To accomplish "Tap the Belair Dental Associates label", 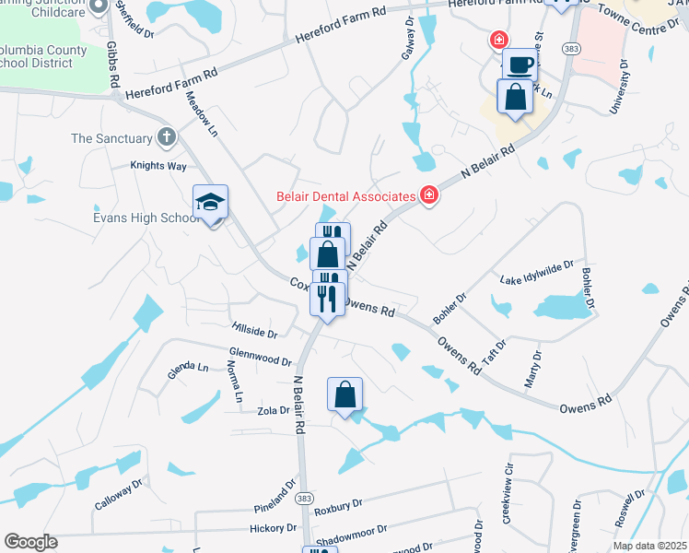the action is pyautogui.click(x=346, y=195).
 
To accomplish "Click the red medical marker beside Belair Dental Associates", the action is pyautogui.click(x=428, y=194).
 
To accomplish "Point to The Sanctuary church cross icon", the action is pyautogui.click(x=167, y=138).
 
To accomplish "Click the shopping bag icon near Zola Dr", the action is pyautogui.click(x=344, y=395).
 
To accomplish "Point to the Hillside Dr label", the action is pyautogui.click(x=253, y=329).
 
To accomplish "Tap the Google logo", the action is pyautogui.click(x=30, y=542).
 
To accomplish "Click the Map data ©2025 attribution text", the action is pyautogui.click(x=649, y=547).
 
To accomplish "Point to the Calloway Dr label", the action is pyautogui.click(x=119, y=495).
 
